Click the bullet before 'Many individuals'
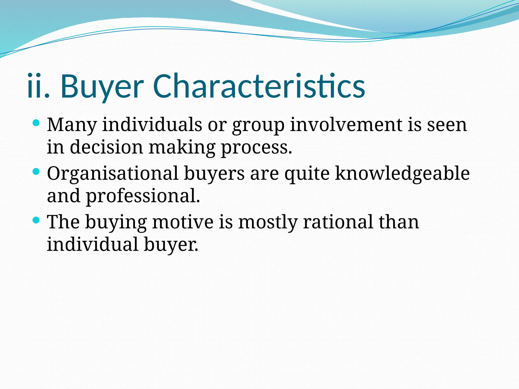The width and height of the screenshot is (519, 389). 36,123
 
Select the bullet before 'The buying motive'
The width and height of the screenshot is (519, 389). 36,220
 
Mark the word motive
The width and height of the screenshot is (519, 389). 183,222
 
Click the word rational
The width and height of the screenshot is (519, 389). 338,222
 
